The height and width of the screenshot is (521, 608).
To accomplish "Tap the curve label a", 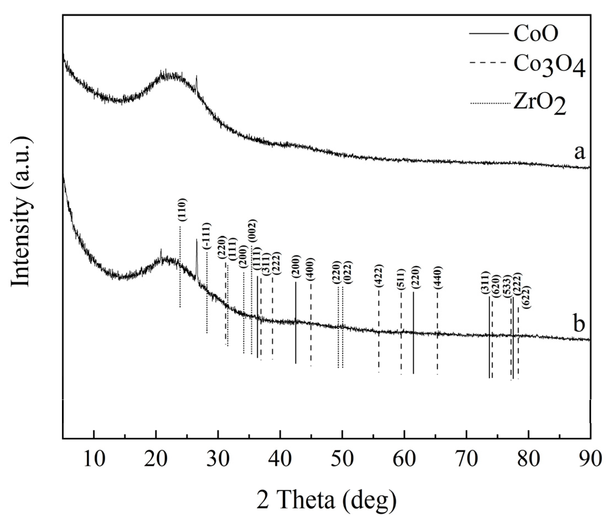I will pyautogui.click(x=579, y=152).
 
